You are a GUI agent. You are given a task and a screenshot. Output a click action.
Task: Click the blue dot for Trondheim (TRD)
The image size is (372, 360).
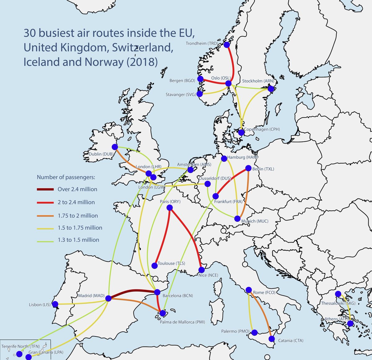(x=227, y=45)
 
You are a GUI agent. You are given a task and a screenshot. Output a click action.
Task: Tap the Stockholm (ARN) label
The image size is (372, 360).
(x=258, y=81)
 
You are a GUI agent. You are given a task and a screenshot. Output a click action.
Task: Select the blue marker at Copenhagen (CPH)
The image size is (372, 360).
(x=241, y=133)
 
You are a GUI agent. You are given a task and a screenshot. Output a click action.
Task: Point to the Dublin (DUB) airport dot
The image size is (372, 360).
(x=115, y=147)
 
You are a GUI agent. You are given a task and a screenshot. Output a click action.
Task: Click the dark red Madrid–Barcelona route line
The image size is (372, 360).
(x=133, y=290)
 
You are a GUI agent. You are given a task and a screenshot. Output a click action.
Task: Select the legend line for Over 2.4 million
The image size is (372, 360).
(x=45, y=189)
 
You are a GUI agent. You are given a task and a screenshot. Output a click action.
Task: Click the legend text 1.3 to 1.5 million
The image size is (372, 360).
(x=78, y=240)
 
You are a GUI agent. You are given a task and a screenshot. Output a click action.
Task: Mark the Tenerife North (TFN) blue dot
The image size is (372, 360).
(x=20, y=354)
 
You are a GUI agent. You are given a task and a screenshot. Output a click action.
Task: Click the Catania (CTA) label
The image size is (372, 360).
(x=290, y=340)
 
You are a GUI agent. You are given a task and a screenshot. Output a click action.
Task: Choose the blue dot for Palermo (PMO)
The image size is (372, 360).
(x=254, y=333)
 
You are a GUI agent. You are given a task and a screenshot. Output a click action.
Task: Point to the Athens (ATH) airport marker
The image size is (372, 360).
(x=350, y=323)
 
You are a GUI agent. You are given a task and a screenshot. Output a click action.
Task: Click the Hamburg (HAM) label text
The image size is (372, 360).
(x=242, y=157)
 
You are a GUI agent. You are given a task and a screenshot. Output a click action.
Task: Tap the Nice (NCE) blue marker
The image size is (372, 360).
(x=201, y=270)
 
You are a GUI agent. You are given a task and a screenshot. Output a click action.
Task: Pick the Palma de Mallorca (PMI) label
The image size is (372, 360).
(x=182, y=322)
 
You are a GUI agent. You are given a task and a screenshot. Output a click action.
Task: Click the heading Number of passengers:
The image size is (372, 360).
(x=66, y=177)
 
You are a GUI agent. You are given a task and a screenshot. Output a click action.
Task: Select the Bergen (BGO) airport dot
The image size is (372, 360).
(x=200, y=79)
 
